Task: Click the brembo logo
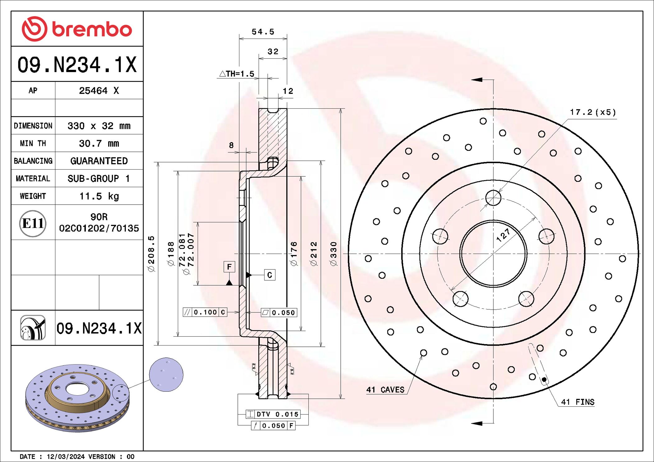pos(77,29)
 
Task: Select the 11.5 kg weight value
pos(99,196)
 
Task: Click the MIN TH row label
pos(33,143)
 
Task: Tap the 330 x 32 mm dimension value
pos(99,126)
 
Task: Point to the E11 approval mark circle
pos(33,223)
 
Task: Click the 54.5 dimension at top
pos(263,32)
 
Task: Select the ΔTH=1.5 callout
pos(237,74)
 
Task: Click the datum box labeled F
pos(229,267)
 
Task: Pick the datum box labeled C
pos(269,275)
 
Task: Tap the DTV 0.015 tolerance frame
pos(273,414)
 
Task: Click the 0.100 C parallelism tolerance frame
pos(205,312)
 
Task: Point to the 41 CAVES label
pos(385,390)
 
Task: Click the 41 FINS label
pos(577,402)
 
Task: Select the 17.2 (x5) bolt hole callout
pos(592,112)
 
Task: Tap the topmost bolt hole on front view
pos(493,198)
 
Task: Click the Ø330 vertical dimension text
pos(333,254)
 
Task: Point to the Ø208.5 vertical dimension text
pos(151,254)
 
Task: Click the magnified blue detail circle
pos(166,374)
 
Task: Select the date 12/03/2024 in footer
pos(66,457)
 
